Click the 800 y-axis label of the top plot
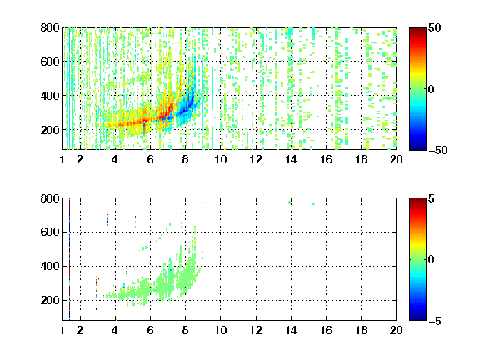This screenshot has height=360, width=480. (50, 27)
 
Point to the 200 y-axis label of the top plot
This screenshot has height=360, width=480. (50, 130)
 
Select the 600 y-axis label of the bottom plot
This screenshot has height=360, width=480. (50, 232)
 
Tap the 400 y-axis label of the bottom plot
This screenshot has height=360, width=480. (50, 266)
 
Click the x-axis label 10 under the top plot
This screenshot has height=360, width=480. (220, 159)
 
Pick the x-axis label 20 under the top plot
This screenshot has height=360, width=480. (396, 159)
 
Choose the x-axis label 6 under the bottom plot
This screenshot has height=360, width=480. (150, 330)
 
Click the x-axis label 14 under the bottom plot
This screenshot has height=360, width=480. (291, 330)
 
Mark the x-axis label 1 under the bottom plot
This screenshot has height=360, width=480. (62, 330)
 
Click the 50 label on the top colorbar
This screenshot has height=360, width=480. (434, 27)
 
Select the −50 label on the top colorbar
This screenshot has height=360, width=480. (437, 150)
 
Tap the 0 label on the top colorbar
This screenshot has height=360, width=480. (431, 89)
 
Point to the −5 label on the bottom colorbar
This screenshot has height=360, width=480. (435, 321)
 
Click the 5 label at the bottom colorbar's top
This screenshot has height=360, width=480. (432, 198)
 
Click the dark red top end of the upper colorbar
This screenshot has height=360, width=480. (417, 29)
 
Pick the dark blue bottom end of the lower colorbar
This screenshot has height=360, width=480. (417, 317)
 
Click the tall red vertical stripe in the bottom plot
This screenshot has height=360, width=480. (69, 260)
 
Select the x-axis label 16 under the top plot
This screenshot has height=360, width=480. (326, 159)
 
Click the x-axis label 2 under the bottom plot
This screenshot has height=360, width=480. (80, 330)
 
